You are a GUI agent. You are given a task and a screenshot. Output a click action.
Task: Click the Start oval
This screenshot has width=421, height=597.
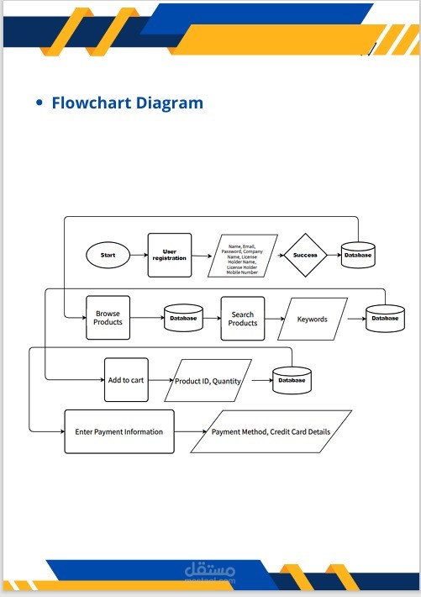(108, 255)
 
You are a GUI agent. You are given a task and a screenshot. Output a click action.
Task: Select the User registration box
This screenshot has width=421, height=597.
(170, 255)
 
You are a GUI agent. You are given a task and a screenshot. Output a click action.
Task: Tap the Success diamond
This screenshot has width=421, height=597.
(305, 255)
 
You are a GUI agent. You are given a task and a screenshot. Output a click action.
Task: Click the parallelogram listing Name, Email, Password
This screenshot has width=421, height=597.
(243, 256)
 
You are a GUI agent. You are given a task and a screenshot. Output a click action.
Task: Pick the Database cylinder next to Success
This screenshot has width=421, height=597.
(358, 255)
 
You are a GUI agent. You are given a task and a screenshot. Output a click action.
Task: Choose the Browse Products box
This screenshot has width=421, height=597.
(108, 318)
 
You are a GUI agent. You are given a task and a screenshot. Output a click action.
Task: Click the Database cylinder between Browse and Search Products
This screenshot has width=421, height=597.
(183, 318)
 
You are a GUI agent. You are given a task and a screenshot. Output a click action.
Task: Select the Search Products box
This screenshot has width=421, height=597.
(243, 319)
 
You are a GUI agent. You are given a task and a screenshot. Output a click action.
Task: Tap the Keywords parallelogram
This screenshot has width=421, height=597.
(313, 319)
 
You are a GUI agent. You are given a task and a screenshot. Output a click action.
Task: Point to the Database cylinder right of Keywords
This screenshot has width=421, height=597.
(385, 319)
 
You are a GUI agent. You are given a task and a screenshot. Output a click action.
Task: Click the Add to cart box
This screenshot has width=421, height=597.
(126, 380)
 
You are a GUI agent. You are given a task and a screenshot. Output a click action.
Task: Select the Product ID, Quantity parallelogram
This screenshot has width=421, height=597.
(208, 380)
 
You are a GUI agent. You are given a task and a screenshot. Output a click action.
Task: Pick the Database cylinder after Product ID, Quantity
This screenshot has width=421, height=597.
(292, 380)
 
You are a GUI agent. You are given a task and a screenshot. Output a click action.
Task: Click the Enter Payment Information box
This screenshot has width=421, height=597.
(119, 431)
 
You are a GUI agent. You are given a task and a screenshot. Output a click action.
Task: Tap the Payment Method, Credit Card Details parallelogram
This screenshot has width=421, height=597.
(271, 431)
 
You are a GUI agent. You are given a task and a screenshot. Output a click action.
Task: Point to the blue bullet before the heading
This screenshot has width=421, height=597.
(39, 103)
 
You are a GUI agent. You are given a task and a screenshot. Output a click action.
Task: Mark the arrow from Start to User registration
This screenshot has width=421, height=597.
(139, 255)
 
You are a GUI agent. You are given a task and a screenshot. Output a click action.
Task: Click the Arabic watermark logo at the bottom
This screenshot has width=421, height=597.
(210, 571)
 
